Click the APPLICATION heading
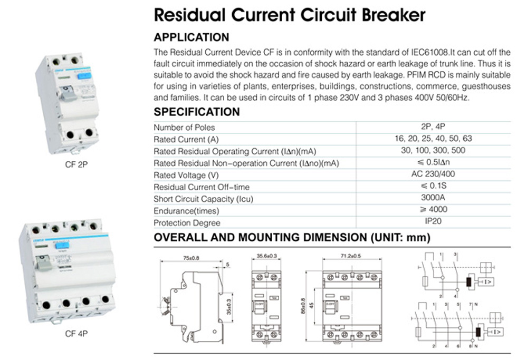tap(191, 37)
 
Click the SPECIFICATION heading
tap(196, 112)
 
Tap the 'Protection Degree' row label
tap(187, 223)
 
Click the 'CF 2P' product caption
tap(76, 164)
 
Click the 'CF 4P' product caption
tap(76, 333)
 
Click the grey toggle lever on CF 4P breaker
tap(44, 262)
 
